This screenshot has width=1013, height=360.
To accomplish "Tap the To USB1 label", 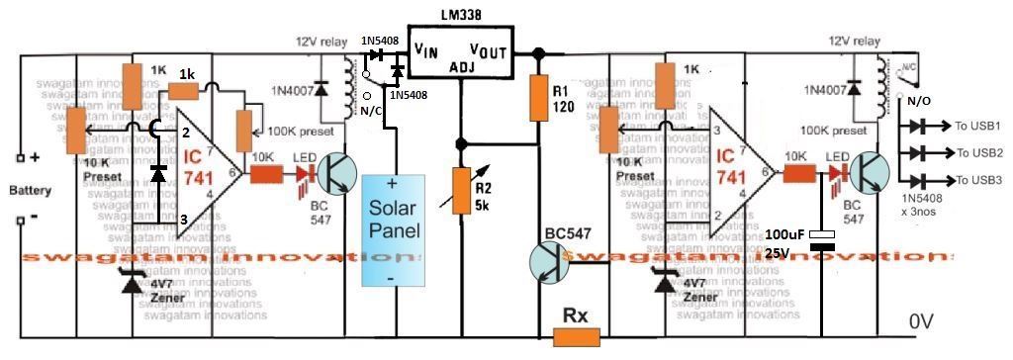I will coord(978,127).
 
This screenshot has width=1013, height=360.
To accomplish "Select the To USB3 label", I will coord(978,180).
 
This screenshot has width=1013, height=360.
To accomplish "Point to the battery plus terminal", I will coord(22,158).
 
